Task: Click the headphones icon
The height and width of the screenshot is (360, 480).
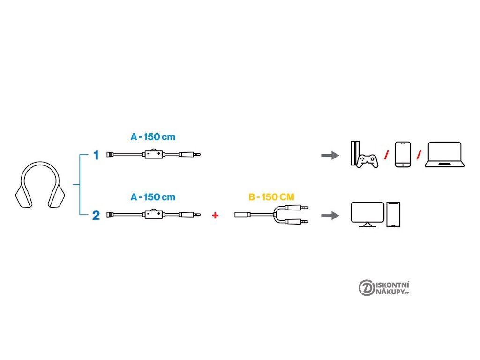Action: [x=41, y=186]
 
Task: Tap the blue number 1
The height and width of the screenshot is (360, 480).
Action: [x=96, y=155]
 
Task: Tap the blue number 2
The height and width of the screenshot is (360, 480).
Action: [x=96, y=216]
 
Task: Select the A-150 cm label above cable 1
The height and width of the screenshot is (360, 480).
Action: [x=153, y=137]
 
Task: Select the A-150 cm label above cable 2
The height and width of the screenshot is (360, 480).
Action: [x=153, y=197]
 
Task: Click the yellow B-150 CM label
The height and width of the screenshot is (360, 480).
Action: [x=271, y=197]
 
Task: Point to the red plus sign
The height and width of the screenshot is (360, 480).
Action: [x=216, y=216]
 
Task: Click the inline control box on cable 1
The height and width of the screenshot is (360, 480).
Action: [x=153, y=155]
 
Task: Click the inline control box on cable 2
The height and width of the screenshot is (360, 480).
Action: [x=153, y=216]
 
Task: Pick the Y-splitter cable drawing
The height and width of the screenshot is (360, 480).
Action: [x=272, y=215]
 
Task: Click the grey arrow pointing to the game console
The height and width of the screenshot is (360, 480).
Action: [x=330, y=155]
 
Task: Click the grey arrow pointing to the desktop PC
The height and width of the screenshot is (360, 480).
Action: [x=330, y=216]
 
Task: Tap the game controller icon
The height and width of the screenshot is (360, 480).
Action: [x=367, y=160]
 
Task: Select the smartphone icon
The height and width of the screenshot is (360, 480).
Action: [x=403, y=154]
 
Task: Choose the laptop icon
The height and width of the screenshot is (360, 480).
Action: [x=444, y=155]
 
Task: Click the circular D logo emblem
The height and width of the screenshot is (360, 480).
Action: [x=367, y=288]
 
